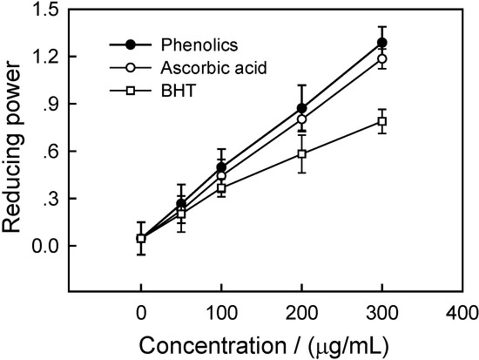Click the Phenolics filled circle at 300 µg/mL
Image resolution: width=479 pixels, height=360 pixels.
(x=381, y=43)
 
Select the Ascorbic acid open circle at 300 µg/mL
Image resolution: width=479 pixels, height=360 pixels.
(x=381, y=58)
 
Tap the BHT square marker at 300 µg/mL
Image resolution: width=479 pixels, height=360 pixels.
(x=381, y=121)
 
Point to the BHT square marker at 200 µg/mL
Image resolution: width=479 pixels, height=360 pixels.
(x=301, y=154)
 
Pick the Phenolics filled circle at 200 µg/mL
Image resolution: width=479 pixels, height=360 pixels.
(x=301, y=108)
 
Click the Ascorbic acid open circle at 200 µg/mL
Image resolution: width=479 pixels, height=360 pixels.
(x=301, y=119)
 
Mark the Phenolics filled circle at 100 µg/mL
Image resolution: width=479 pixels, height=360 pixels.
(x=221, y=166)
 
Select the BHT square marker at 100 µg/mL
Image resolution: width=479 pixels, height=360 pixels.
(x=221, y=188)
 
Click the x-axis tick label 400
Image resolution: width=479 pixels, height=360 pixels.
(x=462, y=309)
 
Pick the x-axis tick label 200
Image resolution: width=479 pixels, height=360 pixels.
(x=301, y=309)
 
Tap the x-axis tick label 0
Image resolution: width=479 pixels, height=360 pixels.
(x=141, y=309)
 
